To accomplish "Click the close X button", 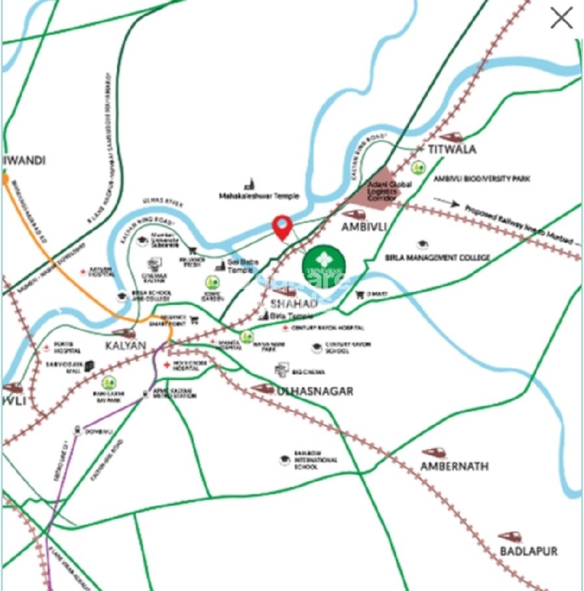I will coord(561,18).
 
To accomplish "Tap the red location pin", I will coord(282,227).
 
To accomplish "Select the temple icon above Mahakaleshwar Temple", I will coord(249,184).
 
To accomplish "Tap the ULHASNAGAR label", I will coord(315,391).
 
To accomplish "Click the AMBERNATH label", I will coord(454,467).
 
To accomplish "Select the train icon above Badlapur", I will coord(510,537).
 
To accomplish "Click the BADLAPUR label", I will coord(529,551).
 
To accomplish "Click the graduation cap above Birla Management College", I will coord(423,244).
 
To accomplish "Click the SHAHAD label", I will coord(294,303).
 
